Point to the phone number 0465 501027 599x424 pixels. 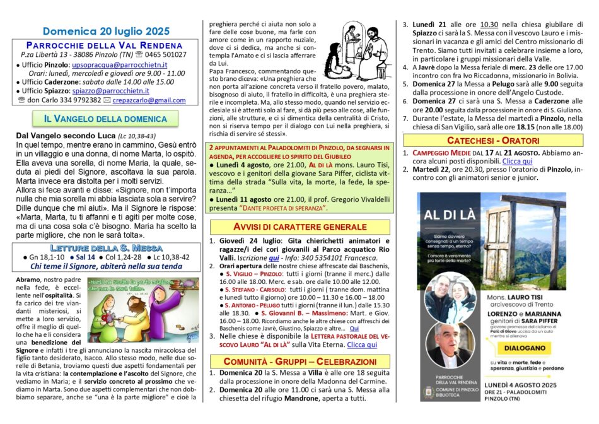(x=166, y=55)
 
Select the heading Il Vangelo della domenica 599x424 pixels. (x=105, y=119)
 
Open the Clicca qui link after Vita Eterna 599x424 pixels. (x=362, y=345)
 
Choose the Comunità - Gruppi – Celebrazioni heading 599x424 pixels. (x=300, y=361)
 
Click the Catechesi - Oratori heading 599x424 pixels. (x=493, y=140)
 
